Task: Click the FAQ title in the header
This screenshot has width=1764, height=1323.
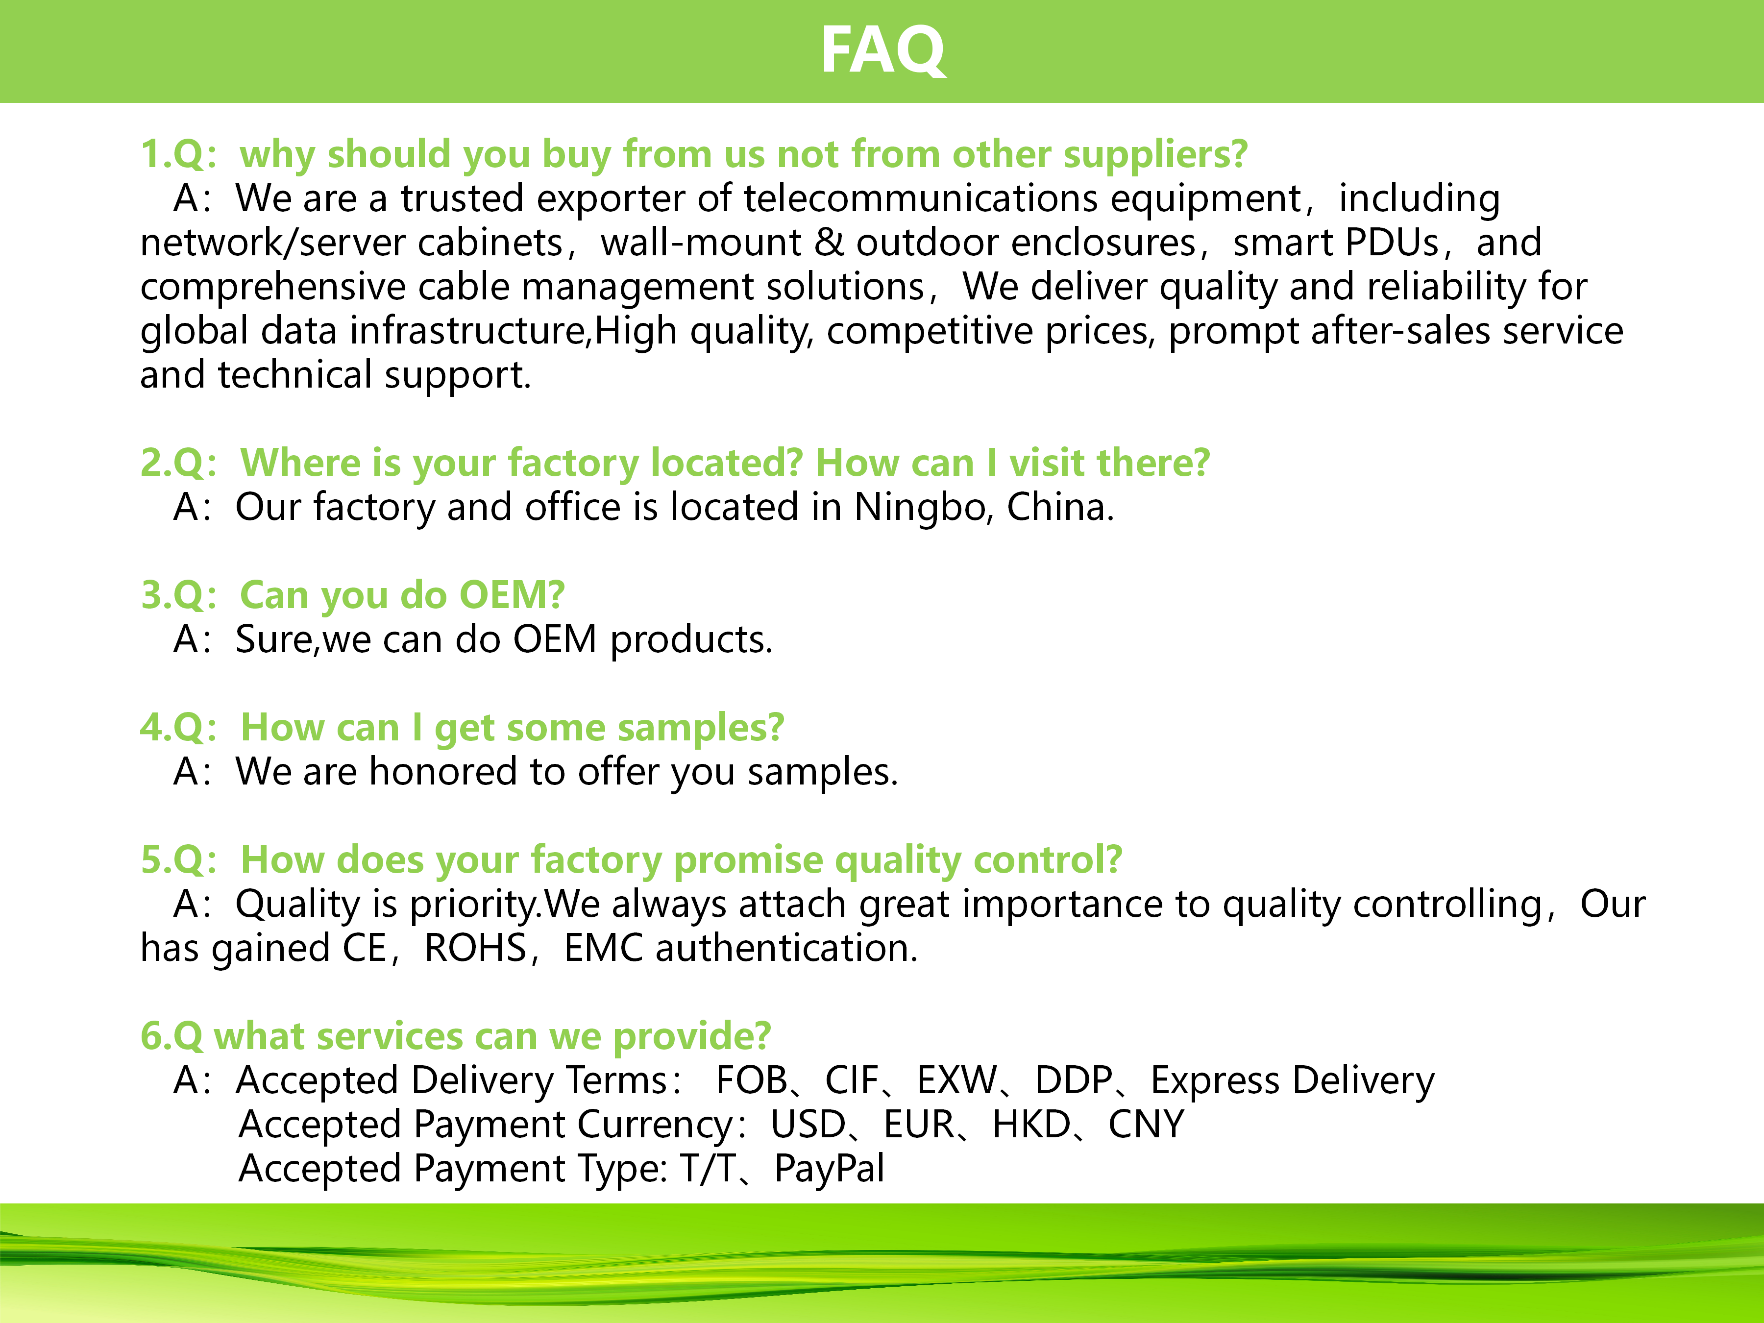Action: (883, 50)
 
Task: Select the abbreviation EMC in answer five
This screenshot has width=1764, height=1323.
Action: (603, 948)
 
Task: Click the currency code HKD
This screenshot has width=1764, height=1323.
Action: (1031, 1125)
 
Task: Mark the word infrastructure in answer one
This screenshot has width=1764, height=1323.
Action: (469, 331)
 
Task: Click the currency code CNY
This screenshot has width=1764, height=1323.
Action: (1146, 1125)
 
